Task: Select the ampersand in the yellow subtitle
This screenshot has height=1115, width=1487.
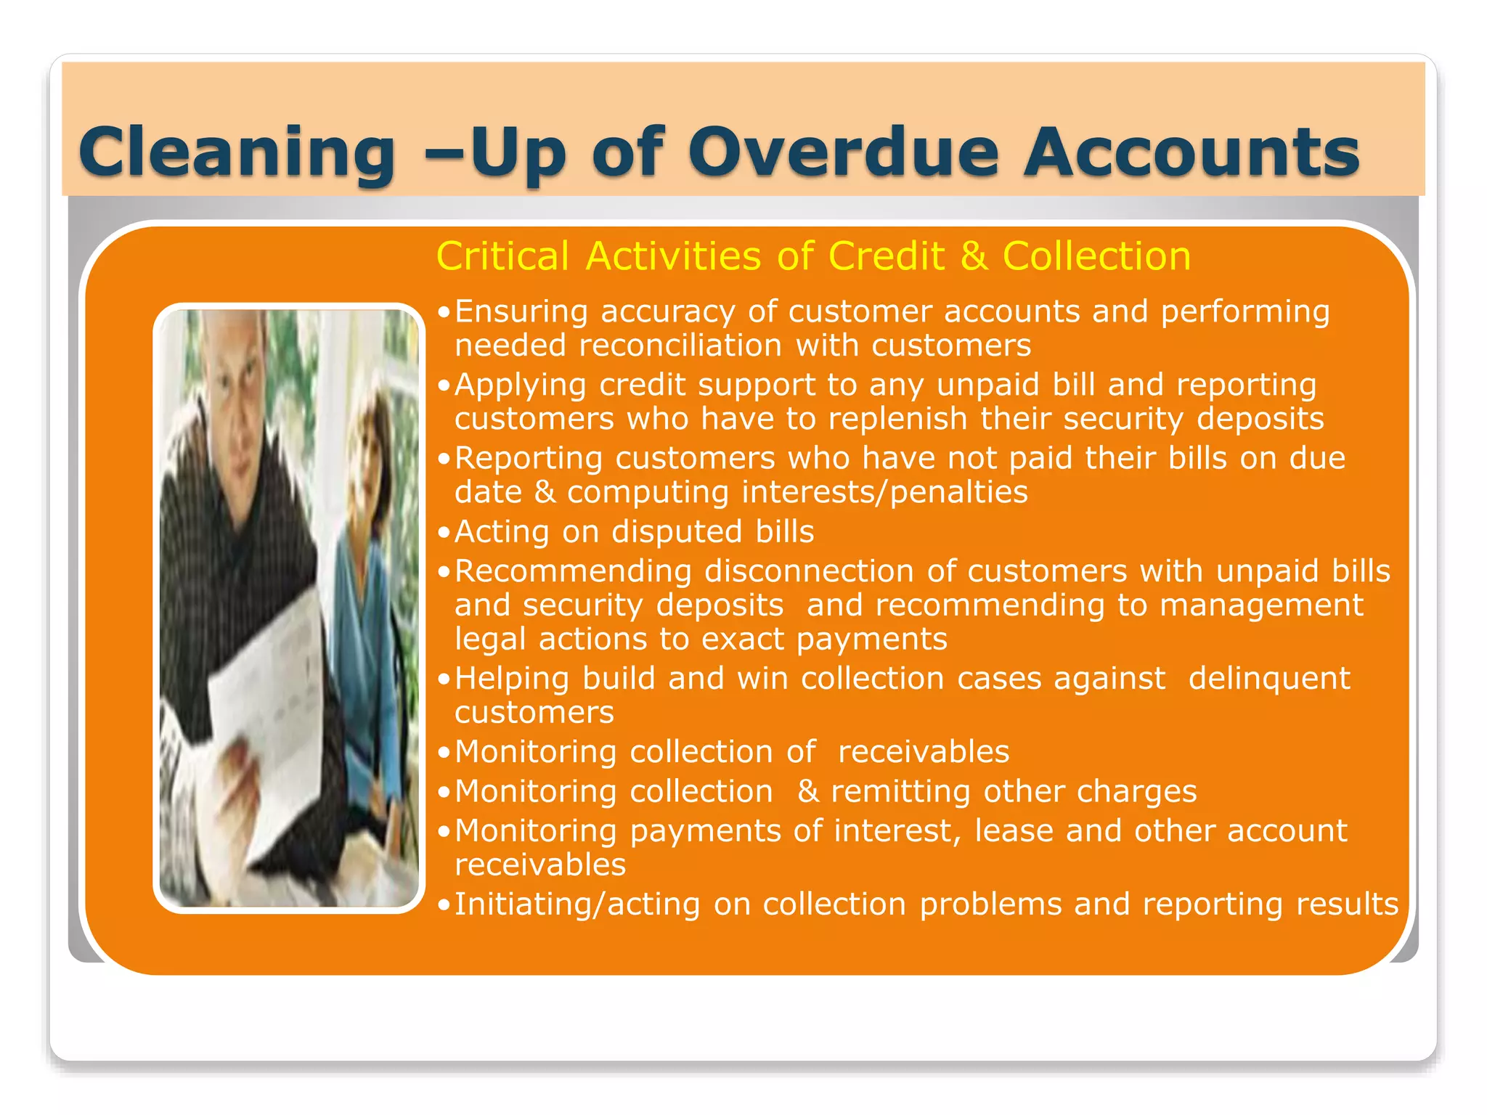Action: [x=974, y=256]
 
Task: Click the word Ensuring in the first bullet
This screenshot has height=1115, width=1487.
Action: [x=521, y=312]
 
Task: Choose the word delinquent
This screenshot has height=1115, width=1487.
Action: [x=1269, y=679]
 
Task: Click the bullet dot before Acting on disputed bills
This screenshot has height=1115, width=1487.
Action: [x=444, y=533]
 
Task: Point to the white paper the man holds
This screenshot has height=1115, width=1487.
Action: [x=269, y=697]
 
